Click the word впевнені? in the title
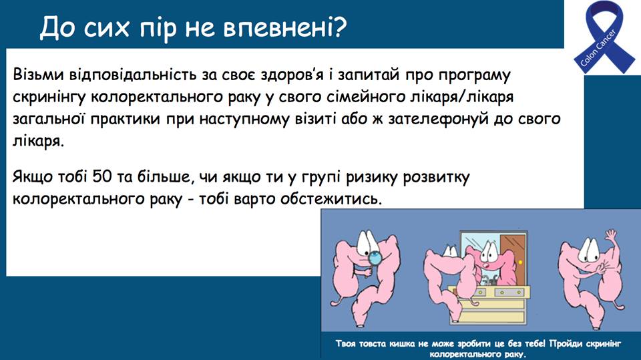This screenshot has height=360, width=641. (285, 28)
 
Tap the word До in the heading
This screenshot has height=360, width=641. (56, 28)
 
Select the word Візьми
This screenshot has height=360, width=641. (38, 75)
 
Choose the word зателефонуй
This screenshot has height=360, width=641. (438, 120)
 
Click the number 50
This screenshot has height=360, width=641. (101, 177)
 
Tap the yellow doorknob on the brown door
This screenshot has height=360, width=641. (520, 262)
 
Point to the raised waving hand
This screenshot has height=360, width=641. (611, 236)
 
